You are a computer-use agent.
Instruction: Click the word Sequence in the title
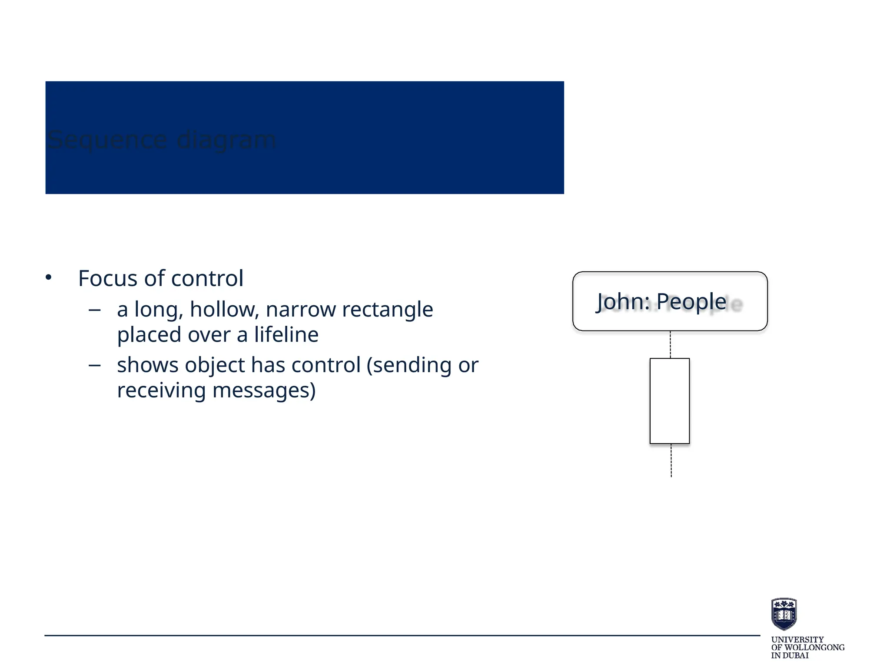[107, 140]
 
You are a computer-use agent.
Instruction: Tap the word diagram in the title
[226, 140]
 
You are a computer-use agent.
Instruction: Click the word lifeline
[286, 335]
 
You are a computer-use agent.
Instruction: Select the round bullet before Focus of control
[48, 277]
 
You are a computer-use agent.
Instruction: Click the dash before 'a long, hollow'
[94, 310]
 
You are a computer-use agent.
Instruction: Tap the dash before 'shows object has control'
[94, 365]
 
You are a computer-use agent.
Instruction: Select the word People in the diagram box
[691, 301]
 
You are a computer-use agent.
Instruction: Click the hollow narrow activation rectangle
[670, 401]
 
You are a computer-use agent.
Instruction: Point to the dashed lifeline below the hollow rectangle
[671, 461]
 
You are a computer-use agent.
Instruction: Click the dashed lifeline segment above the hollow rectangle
[671, 344]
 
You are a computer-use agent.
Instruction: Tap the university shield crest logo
[784, 614]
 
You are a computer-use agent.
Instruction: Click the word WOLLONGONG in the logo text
[813, 648]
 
